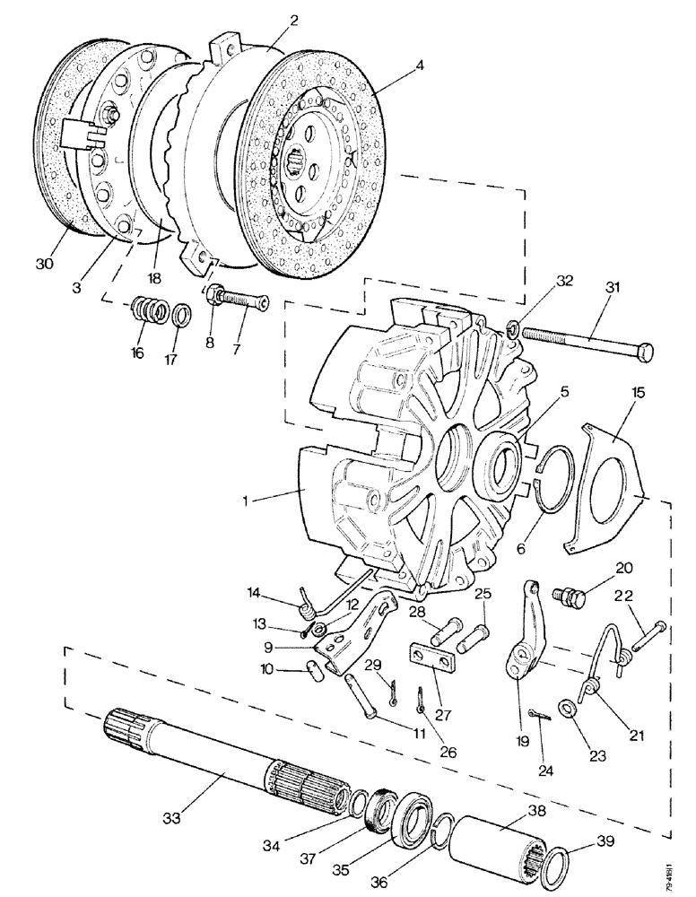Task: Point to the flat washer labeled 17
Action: point(179,316)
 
